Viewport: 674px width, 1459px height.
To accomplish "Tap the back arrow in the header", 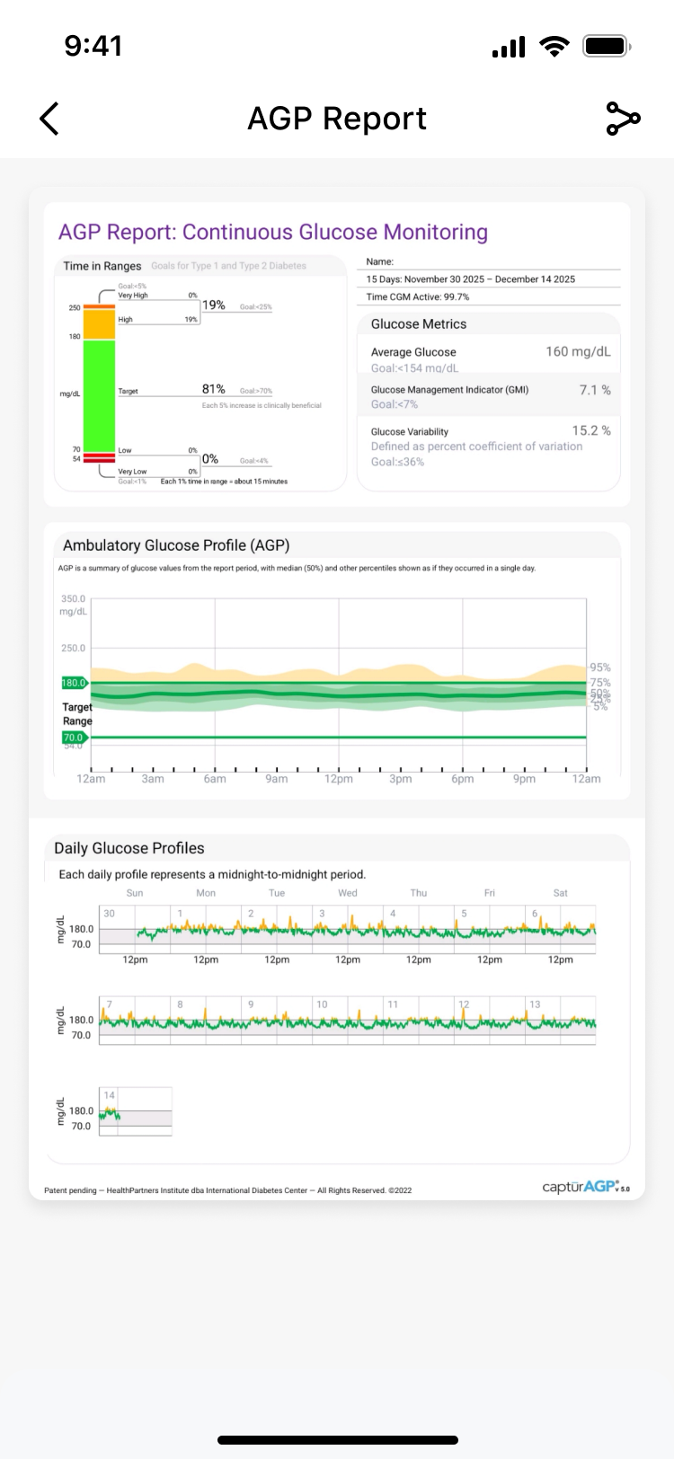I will point(49,119).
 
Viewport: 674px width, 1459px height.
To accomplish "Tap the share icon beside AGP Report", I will point(623,119).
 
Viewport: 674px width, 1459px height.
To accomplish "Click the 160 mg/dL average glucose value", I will point(578,352).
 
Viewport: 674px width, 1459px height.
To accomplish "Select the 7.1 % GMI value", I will point(594,390).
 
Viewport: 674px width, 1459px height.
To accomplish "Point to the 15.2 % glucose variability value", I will point(591,431).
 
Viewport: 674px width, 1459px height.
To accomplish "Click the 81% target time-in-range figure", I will point(214,389).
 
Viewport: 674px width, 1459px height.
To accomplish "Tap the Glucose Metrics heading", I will point(419,324).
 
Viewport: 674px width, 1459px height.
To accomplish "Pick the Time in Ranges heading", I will point(102,266).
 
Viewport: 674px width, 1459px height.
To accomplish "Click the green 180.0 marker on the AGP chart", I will point(74,683).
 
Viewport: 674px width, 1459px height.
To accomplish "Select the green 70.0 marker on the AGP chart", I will point(73,738).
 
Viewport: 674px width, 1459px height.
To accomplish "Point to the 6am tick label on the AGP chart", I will point(215,779).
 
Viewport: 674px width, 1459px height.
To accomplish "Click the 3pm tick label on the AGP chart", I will point(401,779).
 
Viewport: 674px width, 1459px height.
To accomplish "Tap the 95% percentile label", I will point(600,668).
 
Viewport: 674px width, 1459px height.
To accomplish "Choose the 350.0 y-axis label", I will point(73,599).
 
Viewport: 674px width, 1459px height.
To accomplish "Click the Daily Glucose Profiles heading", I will point(129,848).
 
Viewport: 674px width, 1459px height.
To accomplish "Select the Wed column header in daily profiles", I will point(348,893).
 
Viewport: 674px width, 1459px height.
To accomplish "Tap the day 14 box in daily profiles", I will point(135,1111).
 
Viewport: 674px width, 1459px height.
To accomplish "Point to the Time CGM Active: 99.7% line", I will point(418,296).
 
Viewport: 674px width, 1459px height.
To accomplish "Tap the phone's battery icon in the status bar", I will point(607,46).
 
